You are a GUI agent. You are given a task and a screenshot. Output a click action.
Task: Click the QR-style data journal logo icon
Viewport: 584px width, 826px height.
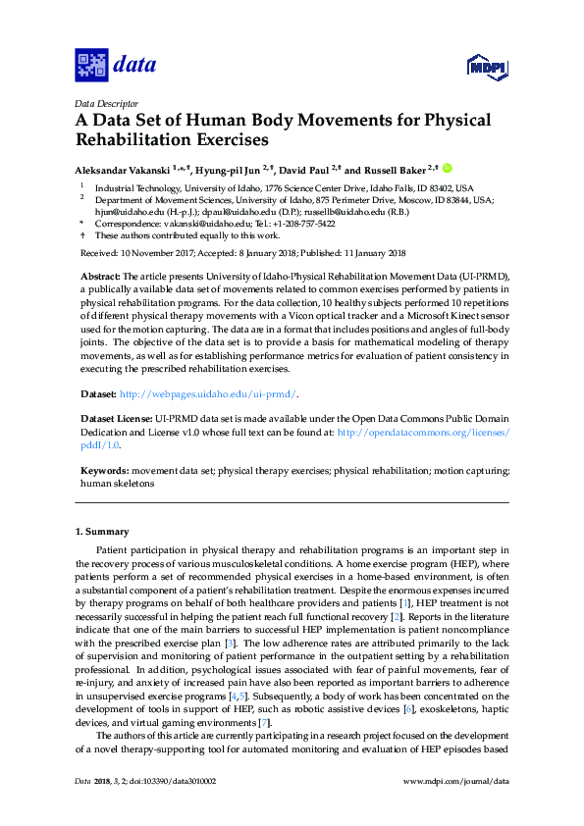(x=91, y=66)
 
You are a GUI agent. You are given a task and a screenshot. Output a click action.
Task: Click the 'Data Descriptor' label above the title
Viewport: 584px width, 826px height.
(x=108, y=103)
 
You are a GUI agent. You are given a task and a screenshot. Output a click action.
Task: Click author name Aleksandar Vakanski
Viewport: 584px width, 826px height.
(x=123, y=169)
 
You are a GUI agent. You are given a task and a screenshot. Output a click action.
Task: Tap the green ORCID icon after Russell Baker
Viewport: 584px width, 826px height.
(x=447, y=168)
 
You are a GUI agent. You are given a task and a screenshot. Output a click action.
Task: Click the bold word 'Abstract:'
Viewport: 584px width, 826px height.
(x=100, y=279)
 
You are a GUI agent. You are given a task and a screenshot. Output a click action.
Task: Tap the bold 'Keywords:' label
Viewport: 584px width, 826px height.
(x=104, y=471)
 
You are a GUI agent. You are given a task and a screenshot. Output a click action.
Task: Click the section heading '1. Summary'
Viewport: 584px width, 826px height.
(x=101, y=532)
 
